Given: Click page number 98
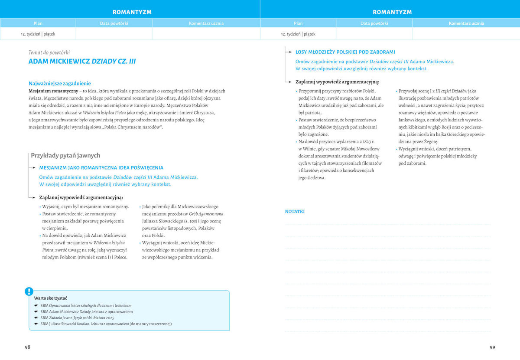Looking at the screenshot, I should (28, 347).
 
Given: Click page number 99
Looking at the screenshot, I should (492, 347).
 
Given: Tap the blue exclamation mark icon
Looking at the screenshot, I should (29, 291).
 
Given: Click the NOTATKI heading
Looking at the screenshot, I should (295, 212).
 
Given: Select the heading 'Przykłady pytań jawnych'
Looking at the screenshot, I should (65, 155).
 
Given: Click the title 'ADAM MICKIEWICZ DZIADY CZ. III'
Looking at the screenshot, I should (82, 62).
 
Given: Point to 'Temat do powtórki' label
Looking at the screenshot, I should (49, 52).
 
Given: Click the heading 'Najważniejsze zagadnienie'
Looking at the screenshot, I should (59, 83).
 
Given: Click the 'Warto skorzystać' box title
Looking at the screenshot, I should (50, 298).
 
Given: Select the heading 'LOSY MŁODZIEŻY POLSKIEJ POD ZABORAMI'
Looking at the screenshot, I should (345, 52).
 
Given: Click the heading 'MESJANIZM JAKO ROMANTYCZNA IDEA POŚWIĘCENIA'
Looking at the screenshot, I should (101, 167).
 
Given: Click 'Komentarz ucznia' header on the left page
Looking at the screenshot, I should (206, 23).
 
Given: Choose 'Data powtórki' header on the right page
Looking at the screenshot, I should (374, 23).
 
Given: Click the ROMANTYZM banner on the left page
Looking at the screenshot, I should (132, 12).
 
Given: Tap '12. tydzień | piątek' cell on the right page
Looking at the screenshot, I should (298, 33).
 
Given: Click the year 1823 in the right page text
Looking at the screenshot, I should (367, 141).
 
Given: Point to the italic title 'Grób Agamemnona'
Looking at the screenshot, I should (206, 214).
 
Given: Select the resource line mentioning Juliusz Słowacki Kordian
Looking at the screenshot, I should (106, 324).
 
